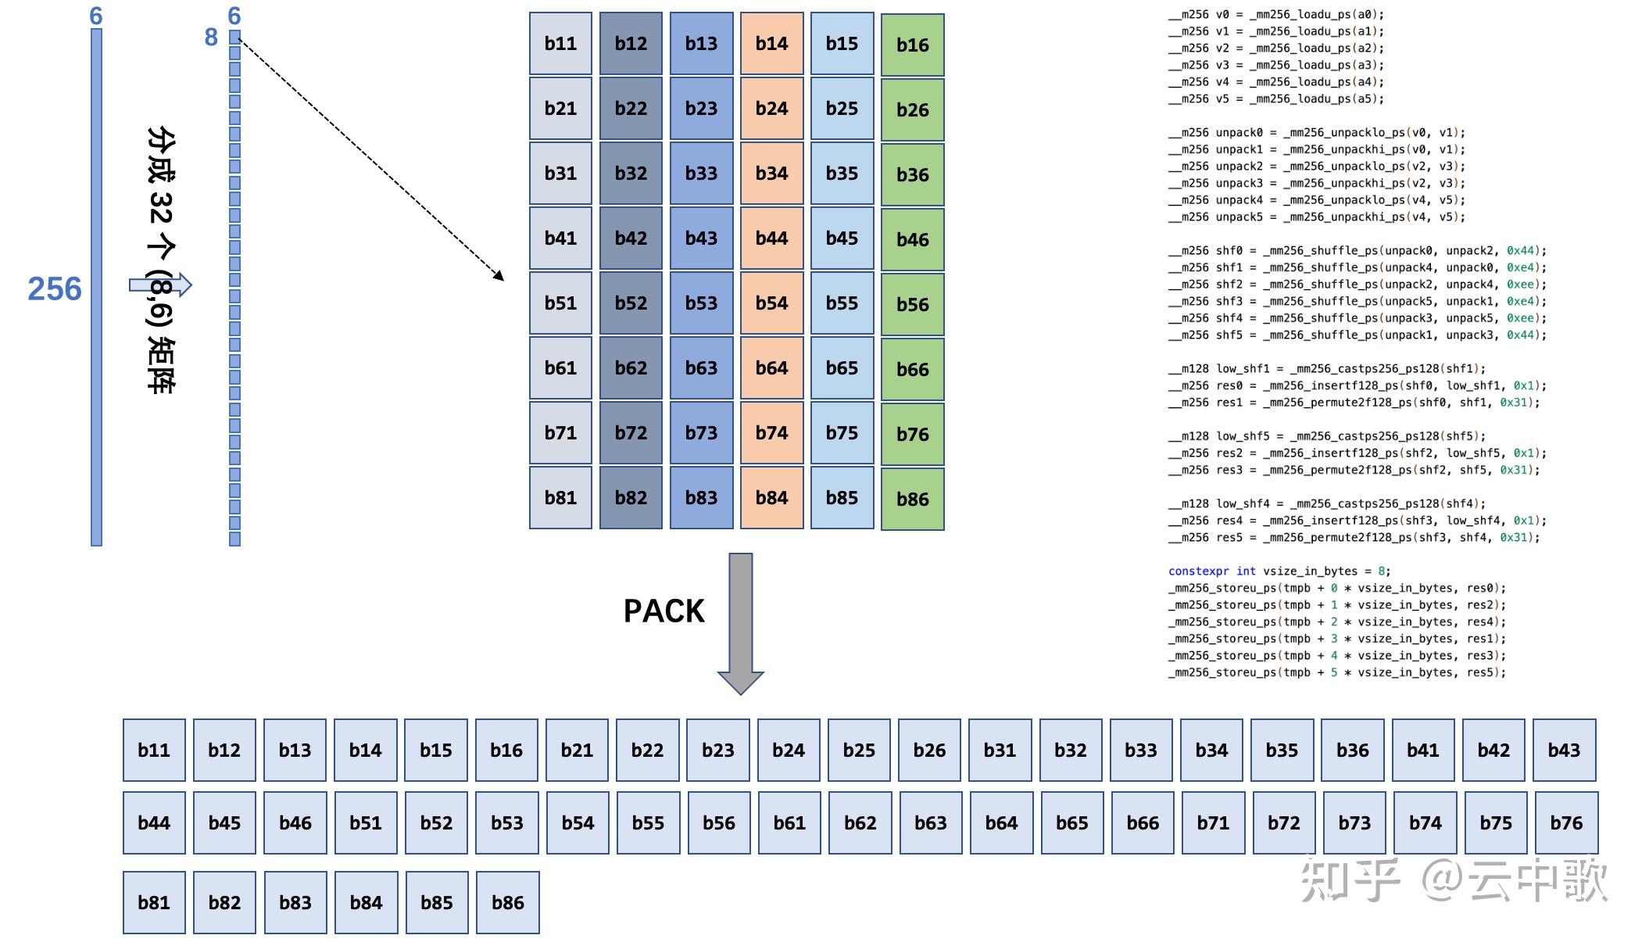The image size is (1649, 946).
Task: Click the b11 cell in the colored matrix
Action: [x=560, y=44]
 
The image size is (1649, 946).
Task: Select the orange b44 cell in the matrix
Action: [x=771, y=238]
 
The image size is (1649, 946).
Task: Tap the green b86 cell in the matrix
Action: [x=912, y=500]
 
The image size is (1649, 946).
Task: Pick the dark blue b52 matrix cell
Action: [x=631, y=303]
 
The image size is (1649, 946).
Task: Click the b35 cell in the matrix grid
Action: [x=842, y=174]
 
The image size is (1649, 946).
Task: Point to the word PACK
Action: [x=664, y=611]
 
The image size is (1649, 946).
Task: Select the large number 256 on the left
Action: [x=54, y=289]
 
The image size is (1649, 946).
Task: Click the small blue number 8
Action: [x=211, y=37]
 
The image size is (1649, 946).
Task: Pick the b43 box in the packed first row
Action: [x=1564, y=751]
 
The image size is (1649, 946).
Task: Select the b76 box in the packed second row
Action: [x=1566, y=823]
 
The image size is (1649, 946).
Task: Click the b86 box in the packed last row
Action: [x=507, y=903]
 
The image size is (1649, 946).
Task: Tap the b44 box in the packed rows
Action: [x=154, y=823]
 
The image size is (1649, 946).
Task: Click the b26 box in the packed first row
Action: [x=929, y=751]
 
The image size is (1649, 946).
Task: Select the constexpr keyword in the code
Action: [x=1197, y=572]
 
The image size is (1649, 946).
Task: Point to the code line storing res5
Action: [x=1336, y=672]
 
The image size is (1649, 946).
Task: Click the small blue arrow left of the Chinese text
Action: [x=160, y=285]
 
